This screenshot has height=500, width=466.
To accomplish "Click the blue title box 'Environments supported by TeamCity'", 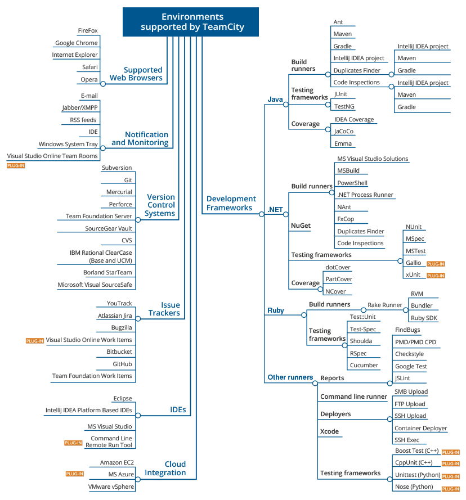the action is click(x=191, y=22).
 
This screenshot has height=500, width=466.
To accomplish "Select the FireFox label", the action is click(x=88, y=30).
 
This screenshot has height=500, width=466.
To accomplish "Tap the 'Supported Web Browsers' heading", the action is click(x=136, y=74).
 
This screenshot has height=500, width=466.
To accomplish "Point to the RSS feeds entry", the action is click(x=83, y=120).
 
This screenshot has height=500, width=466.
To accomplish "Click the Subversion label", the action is click(x=117, y=168).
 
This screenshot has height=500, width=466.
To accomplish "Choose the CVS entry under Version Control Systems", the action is click(x=127, y=240).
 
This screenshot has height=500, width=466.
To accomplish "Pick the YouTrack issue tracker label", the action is click(x=119, y=303).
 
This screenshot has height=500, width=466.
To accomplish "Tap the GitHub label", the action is click(x=122, y=364).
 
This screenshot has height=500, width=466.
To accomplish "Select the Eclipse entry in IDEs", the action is click(x=123, y=398).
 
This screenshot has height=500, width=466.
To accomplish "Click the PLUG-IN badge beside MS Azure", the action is click(x=75, y=474).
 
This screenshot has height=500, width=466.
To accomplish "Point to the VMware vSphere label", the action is click(x=111, y=487).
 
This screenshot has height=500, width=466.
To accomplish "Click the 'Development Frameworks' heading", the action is click(x=231, y=203).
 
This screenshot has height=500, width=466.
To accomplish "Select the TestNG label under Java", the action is click(x=344, y=106).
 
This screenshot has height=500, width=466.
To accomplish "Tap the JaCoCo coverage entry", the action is click(x=344, y=132).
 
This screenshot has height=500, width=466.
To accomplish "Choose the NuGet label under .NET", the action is click(x=301, y=226).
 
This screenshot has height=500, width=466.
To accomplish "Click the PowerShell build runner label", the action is click(x=352, y=183).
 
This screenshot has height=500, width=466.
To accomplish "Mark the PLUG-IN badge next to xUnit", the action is click(x=436, y=276).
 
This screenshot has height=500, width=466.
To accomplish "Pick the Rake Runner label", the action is click(x=385, y=305).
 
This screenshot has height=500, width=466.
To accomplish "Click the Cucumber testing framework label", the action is click(x=364, y=366).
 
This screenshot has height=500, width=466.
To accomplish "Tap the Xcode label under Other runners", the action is click(x=329, y=431).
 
